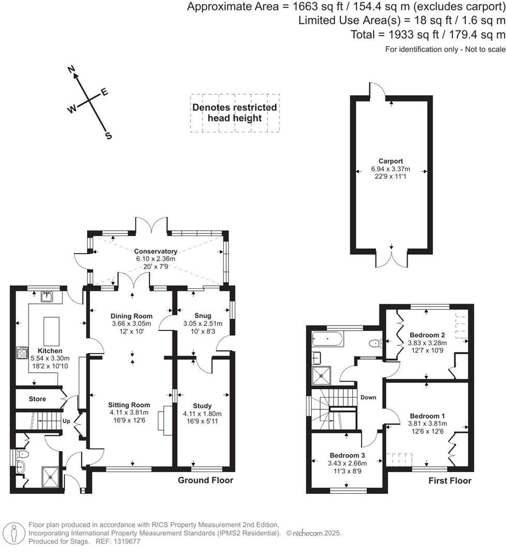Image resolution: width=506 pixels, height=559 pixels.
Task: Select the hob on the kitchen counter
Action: [x=22, y=353]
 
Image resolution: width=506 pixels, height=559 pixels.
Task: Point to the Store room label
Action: [x=37, y=399]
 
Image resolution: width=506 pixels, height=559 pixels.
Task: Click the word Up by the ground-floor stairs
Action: [x=66, y=421]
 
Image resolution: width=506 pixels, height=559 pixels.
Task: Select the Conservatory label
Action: [x=156, y=251]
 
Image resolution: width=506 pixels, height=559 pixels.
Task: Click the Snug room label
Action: [x=203, y=316]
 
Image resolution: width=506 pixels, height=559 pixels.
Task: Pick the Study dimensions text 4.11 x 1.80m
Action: [x=202, y=414]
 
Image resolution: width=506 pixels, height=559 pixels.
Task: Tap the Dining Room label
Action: [x=132, y=316]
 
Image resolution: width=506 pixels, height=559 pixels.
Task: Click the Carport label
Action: [x=391, y=161]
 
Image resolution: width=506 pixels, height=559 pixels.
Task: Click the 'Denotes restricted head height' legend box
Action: [x=235, y=113]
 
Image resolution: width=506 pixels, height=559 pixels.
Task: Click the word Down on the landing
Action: [x=368, y=398]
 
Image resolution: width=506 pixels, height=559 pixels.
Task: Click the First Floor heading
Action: [x=450, y=481]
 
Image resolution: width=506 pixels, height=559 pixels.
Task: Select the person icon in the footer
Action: [x=14, y=533]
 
